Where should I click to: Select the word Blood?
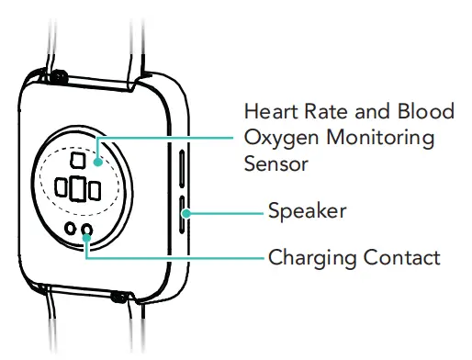tap(423, 113)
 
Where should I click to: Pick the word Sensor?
tap(274, 163)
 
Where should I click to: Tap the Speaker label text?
tap(307, 212)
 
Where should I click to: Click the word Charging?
tap(308, 256)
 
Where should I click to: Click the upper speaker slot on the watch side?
tap(183, 171)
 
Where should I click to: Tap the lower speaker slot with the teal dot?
tap(183, 214)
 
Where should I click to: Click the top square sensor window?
tap(78, 162)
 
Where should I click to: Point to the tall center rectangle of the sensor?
tap(78, 189)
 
